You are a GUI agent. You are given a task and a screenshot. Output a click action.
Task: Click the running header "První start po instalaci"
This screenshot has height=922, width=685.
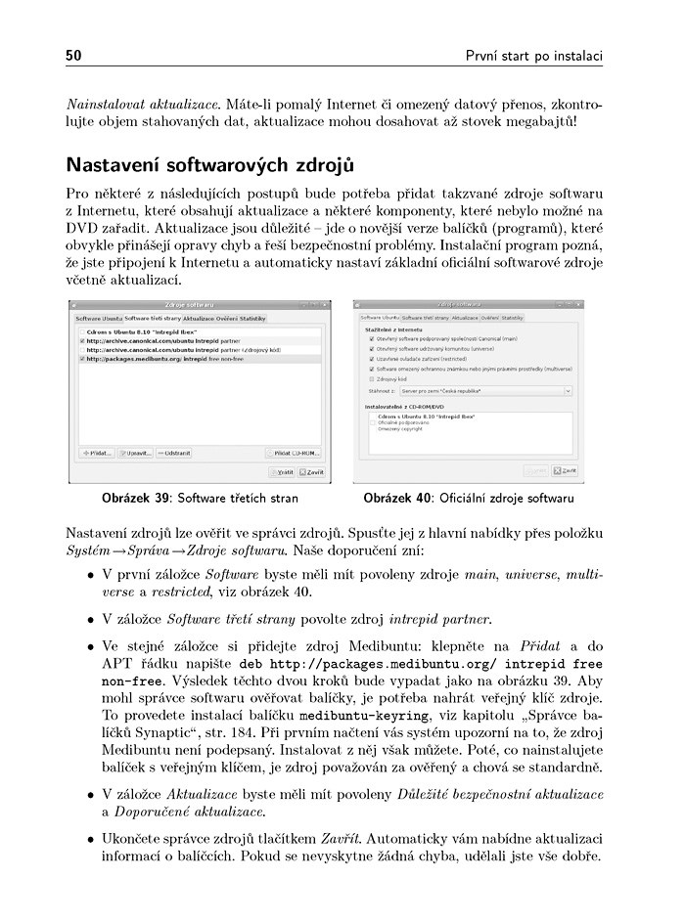[533, 54]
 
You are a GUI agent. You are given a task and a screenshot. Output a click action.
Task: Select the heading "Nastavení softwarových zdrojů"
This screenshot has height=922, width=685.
[208, 161]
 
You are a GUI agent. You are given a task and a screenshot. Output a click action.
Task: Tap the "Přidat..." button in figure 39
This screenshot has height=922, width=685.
[97, 454]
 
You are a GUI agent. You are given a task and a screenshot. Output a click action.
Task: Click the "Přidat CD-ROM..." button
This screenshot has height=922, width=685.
[296, 454]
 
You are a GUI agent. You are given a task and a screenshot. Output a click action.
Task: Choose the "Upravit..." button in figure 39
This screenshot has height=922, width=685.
[137, 454]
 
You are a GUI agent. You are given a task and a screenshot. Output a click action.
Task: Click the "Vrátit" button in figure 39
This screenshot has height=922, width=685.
[283, 472]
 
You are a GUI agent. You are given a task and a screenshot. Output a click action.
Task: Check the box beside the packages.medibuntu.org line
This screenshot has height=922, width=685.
[81, 359]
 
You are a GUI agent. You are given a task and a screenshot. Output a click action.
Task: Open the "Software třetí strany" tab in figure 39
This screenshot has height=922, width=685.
[152, 319]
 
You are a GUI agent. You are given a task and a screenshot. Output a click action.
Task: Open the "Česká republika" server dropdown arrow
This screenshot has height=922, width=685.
[568, 390]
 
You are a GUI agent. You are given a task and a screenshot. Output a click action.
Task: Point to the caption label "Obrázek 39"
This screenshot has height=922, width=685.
[136, 499]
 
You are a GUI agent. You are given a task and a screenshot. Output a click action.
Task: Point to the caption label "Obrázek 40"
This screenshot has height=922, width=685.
[397, 499]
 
